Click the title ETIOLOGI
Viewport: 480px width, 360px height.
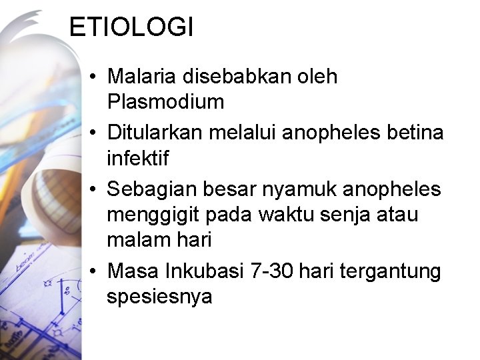[x=131, y=27]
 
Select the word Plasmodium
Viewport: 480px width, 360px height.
[x=165, y=102]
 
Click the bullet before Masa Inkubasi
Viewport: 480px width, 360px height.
[x=92, y=271]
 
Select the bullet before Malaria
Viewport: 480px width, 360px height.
[x=92, y=77]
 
